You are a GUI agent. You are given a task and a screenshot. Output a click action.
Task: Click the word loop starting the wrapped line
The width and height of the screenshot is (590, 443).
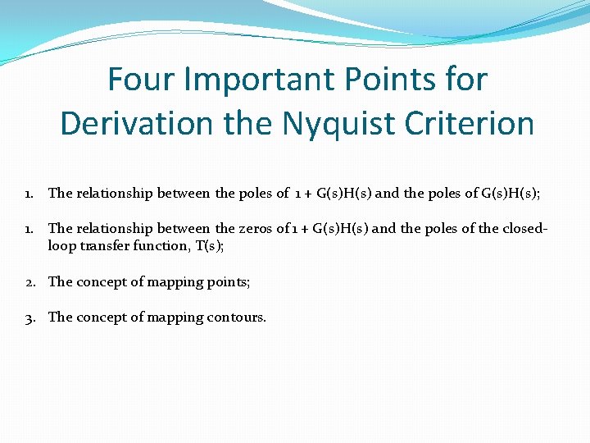coord(61,245)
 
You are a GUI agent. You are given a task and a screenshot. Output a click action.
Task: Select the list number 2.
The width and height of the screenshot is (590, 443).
coord(29,282)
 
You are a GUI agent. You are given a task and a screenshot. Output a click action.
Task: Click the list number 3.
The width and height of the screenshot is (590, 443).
coord(29,317)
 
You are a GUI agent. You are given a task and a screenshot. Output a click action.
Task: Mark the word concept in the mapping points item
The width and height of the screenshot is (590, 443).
coord(102,282)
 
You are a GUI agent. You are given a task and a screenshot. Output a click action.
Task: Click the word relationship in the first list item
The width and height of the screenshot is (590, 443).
coord(118,194)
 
